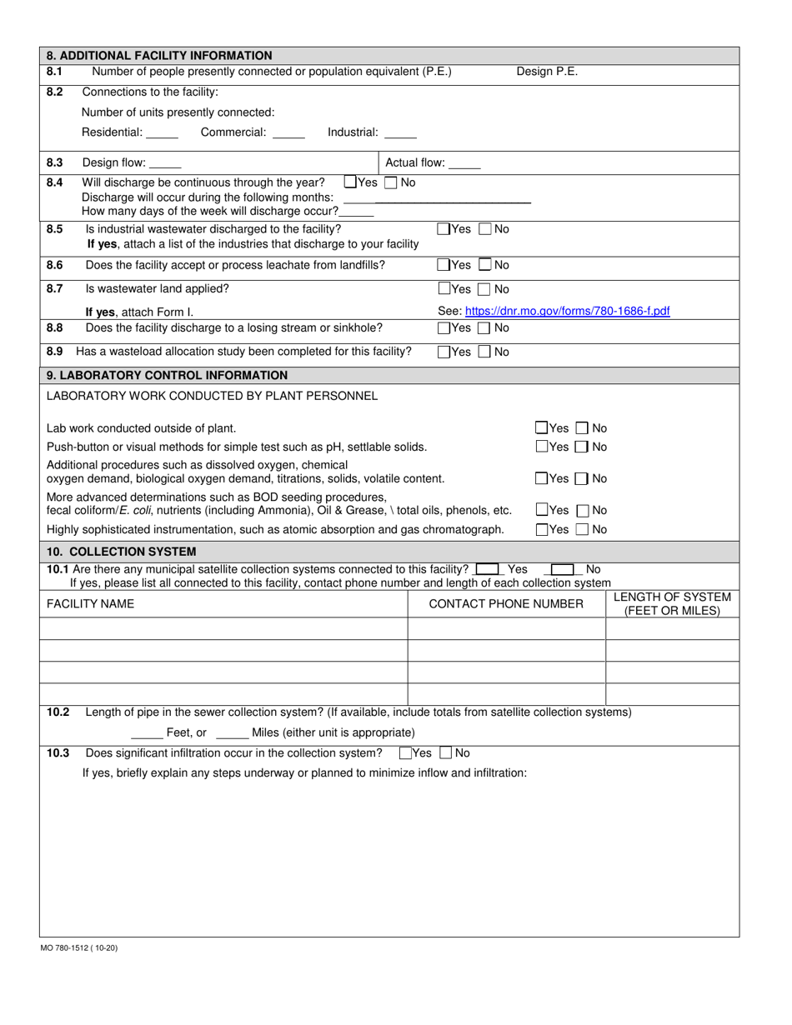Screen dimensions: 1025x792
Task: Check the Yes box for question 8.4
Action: [x=350, y=182]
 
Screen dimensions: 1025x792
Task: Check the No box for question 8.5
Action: [x=488, y=229]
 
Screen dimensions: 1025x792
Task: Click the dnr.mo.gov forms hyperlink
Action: [x=554, y=311]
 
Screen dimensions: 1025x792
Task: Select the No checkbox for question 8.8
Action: [x=488, y=328]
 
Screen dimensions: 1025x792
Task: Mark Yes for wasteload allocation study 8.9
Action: [x=444, y=352]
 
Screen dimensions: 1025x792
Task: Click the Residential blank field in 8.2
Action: [x=162, y=132]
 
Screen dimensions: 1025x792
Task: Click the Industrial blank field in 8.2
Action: [x=400, y=132]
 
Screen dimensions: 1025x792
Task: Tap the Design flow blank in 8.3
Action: [x=165, y=164]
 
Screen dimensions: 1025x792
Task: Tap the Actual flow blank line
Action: [x=464, y=164]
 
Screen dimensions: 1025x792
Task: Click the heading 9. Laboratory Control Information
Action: [x=167, y=375]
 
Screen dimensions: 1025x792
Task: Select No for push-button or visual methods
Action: [x=584, y=447]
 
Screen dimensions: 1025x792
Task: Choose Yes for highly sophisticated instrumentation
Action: [x=542, y=529]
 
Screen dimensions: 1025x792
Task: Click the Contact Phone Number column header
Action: [x=505, y=603]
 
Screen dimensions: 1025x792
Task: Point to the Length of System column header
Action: [x=672, y=603]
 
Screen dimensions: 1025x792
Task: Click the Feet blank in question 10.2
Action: [x=147, y=733]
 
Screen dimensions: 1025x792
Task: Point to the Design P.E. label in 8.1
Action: [x=547, y=72]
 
